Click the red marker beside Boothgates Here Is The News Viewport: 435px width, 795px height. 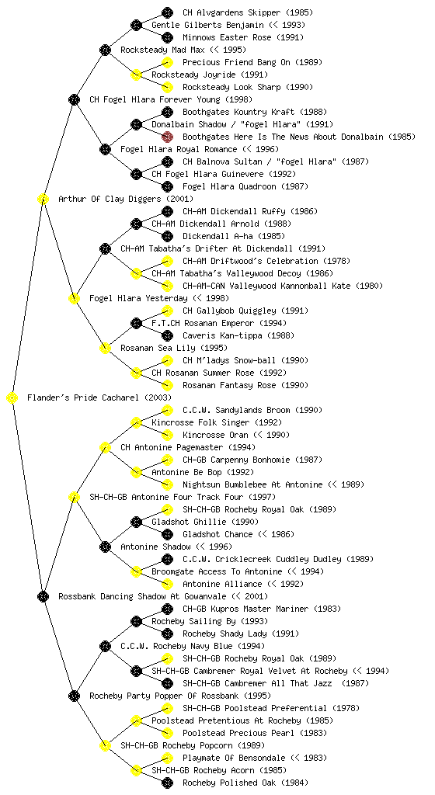pos(167,137)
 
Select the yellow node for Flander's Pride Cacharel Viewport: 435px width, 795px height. pos(12,398)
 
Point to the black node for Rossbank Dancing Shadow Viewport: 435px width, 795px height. pos(43,597)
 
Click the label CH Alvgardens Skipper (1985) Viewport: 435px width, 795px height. pos(248,12)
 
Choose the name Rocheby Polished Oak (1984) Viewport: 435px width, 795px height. pos(245,783)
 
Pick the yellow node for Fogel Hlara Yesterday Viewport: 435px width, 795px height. pos(74,299)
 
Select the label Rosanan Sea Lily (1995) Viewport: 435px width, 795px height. pos(174,349)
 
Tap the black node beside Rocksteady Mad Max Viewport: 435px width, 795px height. pos(105,50)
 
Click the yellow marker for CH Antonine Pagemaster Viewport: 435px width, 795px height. pos(105,448)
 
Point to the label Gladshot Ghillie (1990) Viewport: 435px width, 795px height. pos(205,522)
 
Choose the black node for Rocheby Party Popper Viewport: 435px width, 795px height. pos(74,696)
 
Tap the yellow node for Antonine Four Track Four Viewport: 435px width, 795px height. pos(74,498)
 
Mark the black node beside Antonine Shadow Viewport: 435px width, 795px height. pos(105,547)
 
